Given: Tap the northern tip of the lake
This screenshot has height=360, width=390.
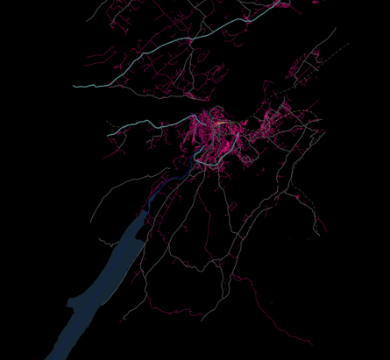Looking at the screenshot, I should (x=145, y=211).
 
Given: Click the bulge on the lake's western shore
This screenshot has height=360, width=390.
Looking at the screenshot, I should (x=73, y=303).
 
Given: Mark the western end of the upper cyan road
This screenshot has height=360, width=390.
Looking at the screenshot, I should (x=74, y=86).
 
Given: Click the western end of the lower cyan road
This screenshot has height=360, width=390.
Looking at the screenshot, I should (x=109, y=134).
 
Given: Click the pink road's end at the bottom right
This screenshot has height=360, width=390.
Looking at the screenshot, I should (x=311, y=342).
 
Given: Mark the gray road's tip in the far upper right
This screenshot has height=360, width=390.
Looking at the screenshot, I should (x=336, y=29).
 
